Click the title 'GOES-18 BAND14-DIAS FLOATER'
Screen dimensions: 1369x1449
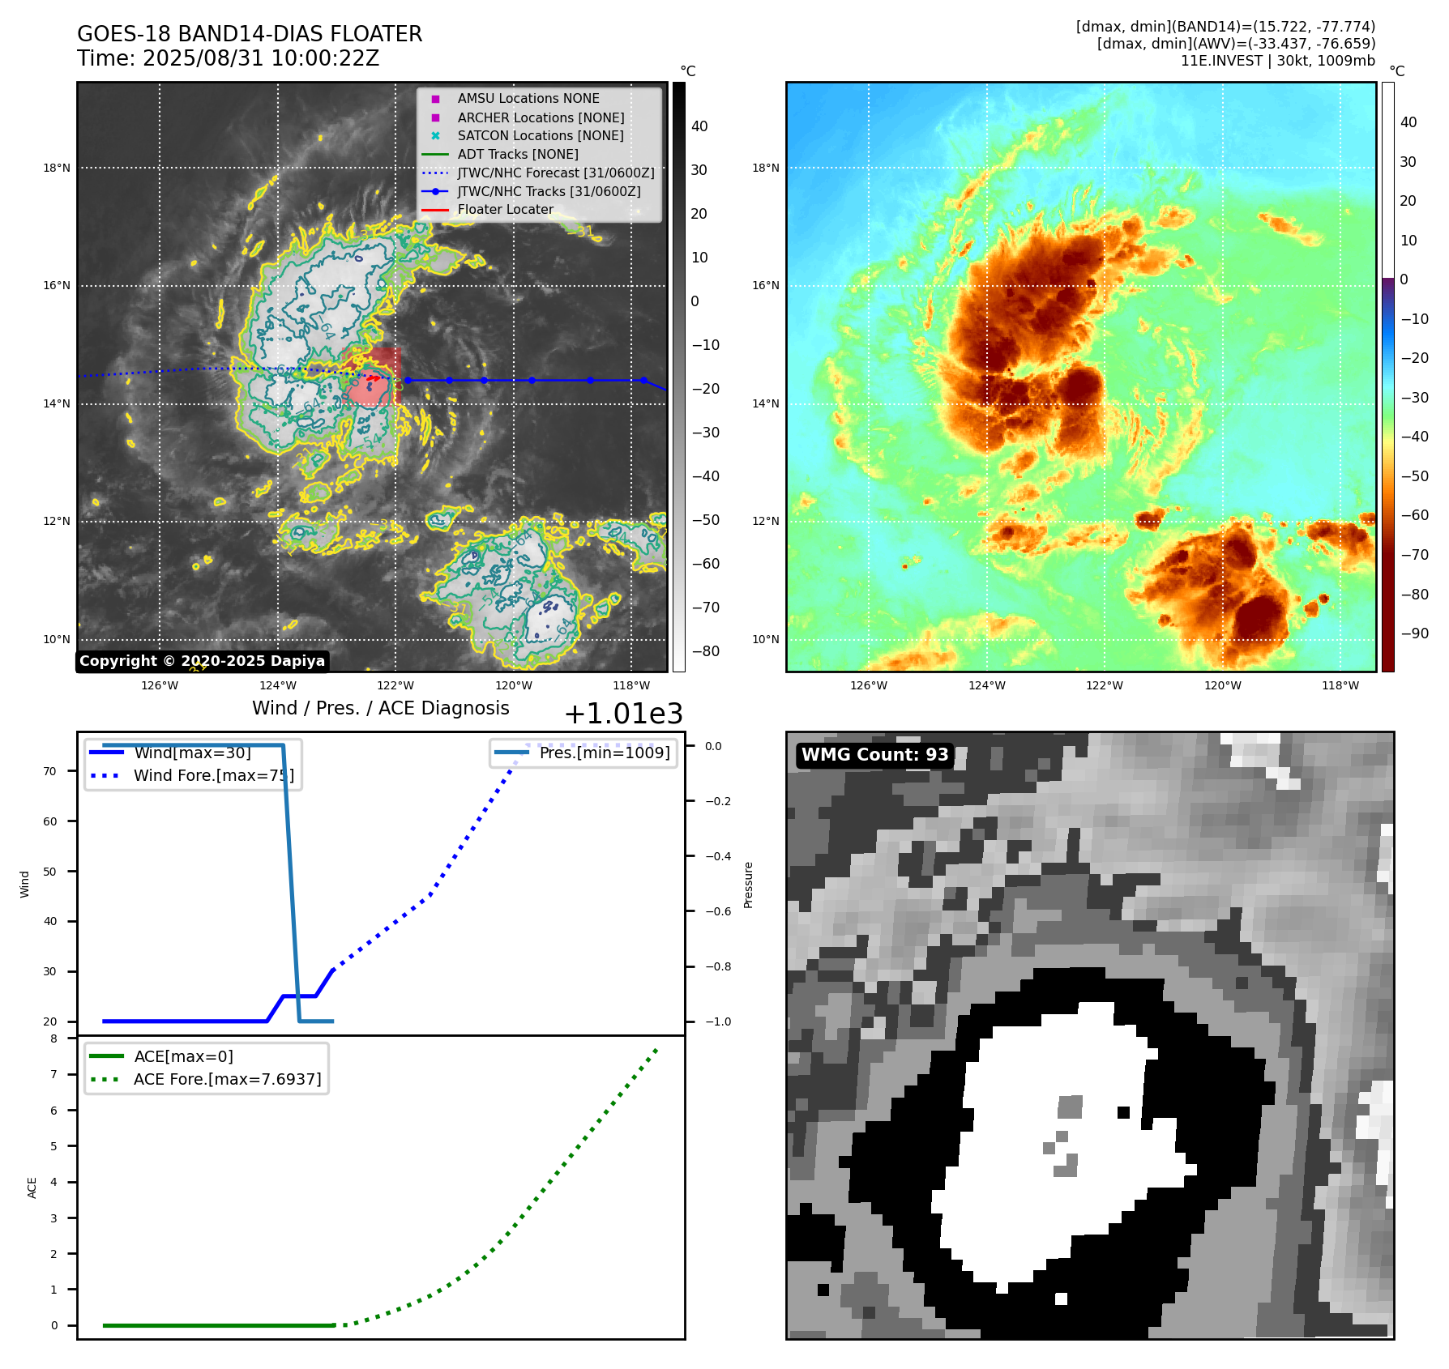pos(250,34)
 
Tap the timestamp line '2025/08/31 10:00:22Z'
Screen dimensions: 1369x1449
pos(260,58)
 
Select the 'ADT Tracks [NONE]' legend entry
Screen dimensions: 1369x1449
pos(518,154)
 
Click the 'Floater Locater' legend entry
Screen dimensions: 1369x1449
pos(505,209)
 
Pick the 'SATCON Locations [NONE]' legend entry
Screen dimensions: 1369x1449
pos(541,135)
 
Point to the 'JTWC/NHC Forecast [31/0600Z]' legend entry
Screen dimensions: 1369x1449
pos(556,173)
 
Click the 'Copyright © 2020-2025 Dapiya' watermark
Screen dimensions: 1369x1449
pos(202,661)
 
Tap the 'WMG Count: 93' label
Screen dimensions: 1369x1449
pos(874,755)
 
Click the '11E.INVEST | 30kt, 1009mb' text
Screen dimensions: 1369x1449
pos(1277,61)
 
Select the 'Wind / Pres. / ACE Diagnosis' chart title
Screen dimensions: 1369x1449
pos(380,708)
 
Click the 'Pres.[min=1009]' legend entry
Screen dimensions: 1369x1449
pos(605,753)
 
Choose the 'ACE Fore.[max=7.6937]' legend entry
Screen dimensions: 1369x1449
pos(227,1079)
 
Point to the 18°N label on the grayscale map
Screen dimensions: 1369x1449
pos(57,168)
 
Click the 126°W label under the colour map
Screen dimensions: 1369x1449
pos(869,685)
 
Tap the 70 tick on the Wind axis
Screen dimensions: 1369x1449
pos(50,771)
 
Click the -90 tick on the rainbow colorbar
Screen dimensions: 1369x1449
pos(1415,633)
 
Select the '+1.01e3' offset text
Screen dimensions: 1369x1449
pos(623,714)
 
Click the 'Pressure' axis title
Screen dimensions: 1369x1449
pos(748,885)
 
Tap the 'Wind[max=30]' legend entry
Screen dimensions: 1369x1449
pos(192,753)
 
